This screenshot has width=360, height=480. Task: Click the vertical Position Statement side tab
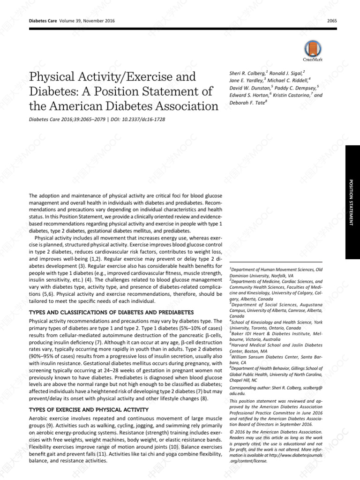coord(352,202)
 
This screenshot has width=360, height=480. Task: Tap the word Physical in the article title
coord(53,77)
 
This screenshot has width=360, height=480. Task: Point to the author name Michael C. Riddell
coord(291,80)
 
